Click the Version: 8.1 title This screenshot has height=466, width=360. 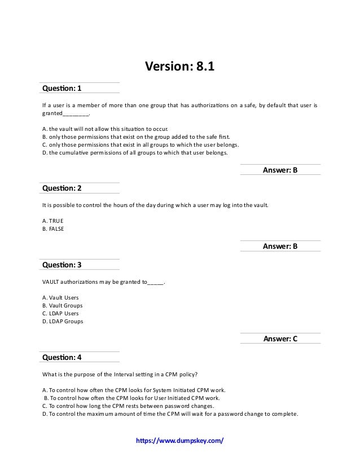tap(181, 68)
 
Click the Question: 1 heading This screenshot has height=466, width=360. tap(62, 88)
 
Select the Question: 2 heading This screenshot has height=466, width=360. tap(62, 188)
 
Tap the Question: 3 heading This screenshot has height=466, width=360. tap(62, 264)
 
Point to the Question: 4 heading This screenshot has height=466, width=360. tap(62, 357)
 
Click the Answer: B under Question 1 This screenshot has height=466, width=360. tap(280, 170)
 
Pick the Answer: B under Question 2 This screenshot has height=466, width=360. tap(280, 247)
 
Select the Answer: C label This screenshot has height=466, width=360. tap(280, 339)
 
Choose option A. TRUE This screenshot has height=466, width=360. tap(54, 221)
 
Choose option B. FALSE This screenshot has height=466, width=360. tap(54, 228)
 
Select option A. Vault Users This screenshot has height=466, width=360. tap(60, 297)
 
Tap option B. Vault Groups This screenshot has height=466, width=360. tap(62, 305)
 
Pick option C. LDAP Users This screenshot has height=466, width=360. tap(60, 313)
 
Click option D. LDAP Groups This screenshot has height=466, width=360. tap(63, 322)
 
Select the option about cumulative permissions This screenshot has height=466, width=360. tap(135, 152)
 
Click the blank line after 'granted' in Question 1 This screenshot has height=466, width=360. tap(75, 113)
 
